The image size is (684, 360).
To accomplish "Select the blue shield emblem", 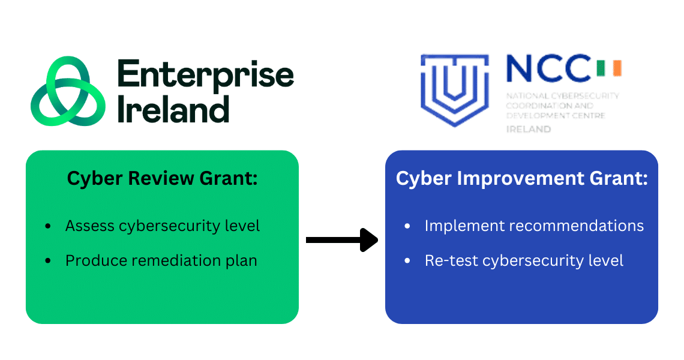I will coord(454,89).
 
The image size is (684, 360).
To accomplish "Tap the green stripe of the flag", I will coord(601,68).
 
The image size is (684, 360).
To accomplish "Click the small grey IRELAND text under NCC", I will coord(529,129).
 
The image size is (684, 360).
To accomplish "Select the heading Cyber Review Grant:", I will coord(162,178).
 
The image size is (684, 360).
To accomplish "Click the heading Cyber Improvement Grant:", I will coord(521,178).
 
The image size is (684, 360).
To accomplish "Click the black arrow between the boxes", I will coord(342,240).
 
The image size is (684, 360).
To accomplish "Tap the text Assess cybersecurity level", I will coord(163,226).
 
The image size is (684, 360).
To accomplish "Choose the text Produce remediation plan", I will coord(161,261).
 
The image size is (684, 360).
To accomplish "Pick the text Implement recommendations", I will coord(534,226).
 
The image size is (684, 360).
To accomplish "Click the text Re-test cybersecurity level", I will coord(524,261).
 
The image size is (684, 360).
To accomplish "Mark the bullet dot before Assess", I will coord(48,227).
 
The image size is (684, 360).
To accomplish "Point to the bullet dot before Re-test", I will coord(407,262).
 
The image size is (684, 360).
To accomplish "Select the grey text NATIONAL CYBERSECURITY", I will coord(562,96).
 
